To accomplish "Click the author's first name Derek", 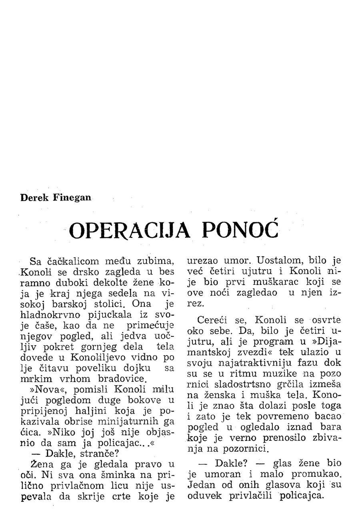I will (34, 198).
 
